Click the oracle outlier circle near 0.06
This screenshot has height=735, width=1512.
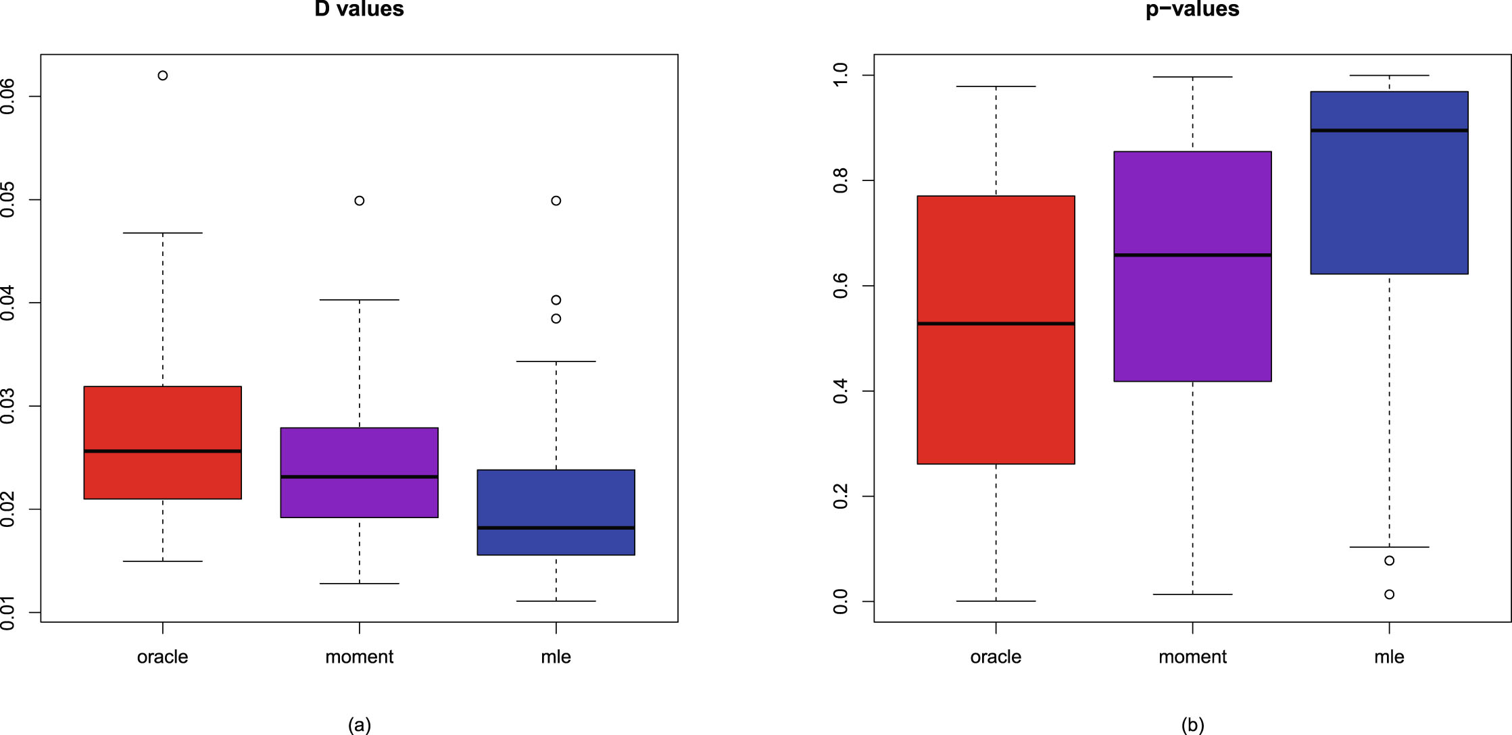163,76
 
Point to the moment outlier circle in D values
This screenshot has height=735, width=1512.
360,201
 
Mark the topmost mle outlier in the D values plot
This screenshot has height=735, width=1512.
556,201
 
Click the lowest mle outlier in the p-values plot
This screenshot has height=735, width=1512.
1389,594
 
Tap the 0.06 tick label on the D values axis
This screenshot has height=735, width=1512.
8,97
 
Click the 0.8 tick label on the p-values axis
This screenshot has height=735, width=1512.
841,180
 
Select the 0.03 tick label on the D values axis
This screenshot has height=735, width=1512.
8,406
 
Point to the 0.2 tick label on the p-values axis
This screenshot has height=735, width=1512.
841,497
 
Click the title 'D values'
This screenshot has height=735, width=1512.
359,9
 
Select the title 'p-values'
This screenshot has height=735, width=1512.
1192,9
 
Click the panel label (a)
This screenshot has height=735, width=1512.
359,725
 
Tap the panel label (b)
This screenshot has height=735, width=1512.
1192,725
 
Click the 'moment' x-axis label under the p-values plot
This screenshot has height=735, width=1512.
1192,657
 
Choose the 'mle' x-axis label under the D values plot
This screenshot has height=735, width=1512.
556,657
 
